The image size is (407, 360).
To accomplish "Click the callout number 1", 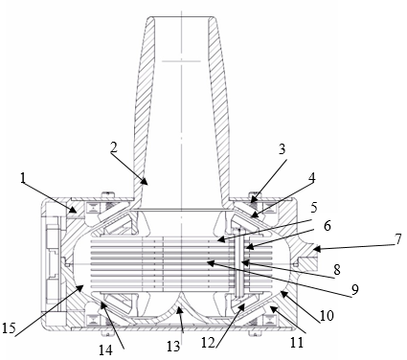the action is (x=22, y=179).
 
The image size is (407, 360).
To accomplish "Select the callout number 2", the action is (x=114, y=147).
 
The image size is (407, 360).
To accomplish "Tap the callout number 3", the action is (x=282, y=149).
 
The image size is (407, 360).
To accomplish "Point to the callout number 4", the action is (x=311, y=179).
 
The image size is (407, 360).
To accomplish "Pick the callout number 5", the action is (x=314, y=208).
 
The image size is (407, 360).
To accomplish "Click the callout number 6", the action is (x=327, y=226).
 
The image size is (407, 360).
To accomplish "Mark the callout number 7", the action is (x=397, y=239).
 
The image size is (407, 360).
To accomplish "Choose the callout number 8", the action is (x=337, y=270).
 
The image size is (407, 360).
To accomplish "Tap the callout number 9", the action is (x=355, y=289).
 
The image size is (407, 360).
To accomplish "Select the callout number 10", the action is (x=327, y=315).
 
